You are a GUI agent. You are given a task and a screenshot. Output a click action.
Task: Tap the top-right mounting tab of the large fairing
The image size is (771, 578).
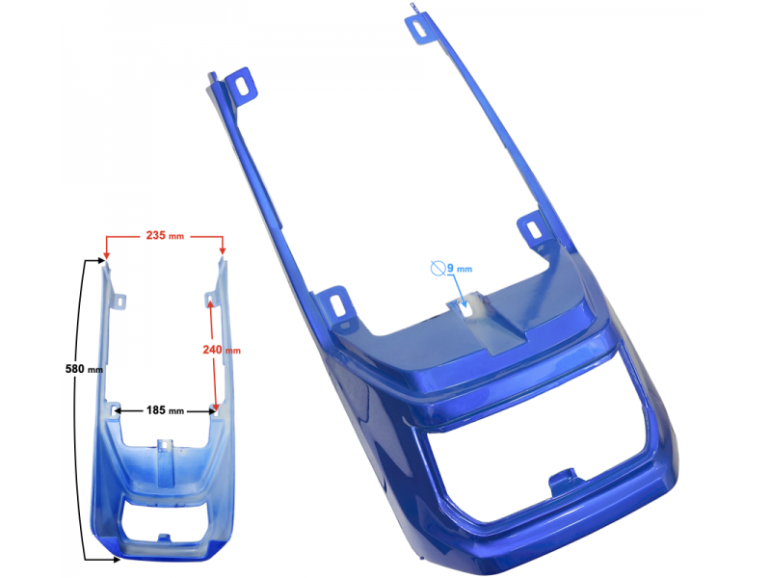tap(423, 29)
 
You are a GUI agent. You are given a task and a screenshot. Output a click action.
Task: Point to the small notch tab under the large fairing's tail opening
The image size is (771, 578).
tap(566, 479)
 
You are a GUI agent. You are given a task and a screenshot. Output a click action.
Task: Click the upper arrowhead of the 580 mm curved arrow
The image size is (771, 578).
tap(102, 260)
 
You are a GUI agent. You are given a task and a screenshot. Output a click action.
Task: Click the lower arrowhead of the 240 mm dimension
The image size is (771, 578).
tap(215, 407)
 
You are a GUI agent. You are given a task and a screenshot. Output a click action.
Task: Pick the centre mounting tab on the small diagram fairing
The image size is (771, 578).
tap(165, 446)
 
